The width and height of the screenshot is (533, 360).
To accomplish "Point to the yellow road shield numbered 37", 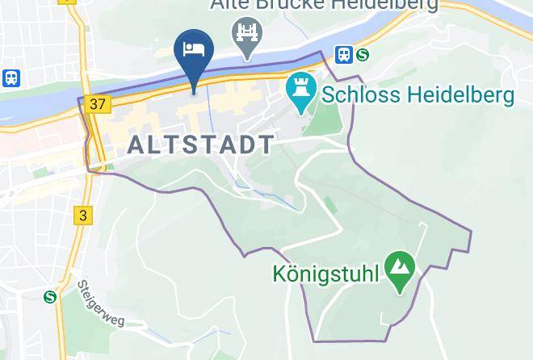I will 98,104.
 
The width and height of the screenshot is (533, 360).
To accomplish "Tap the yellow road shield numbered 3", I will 82,215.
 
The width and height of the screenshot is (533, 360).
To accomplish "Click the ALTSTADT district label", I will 201,144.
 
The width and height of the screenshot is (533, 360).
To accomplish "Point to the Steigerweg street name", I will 100,304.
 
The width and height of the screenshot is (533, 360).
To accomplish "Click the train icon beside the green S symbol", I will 343,54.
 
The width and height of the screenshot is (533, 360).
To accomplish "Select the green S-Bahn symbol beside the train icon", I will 363,54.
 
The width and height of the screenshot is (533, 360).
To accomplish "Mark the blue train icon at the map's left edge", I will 11,77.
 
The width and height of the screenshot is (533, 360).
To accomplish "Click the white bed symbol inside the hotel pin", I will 194,48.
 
